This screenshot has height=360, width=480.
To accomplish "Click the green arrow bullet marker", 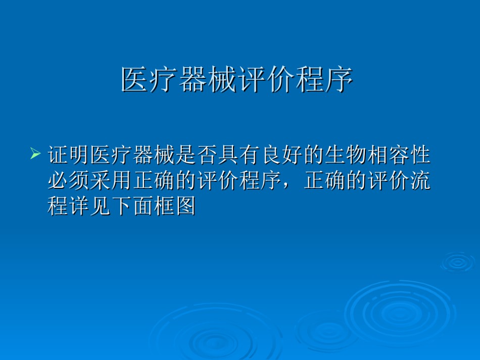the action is point(35,153).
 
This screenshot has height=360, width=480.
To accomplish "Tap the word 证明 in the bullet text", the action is point(69,155).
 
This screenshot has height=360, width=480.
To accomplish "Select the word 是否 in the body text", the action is point(197,155).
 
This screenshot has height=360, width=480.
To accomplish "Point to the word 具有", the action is point(239,155).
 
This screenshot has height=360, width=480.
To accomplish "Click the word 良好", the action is point(282,155).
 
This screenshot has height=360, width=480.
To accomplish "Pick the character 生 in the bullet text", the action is point(335,155).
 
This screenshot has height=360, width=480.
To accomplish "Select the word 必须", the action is point(69,181).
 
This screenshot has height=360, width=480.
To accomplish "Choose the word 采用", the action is point(111,181).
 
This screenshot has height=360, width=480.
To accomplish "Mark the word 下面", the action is point(132,206).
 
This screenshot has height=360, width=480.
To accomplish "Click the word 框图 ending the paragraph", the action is point(175,206).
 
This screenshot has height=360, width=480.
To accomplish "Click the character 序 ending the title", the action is point(340,80).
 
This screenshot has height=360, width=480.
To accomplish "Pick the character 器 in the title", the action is point(193,80).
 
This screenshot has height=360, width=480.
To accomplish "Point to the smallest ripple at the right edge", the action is point(458,262).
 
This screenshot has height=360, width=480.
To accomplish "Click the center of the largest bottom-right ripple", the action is point(400,313).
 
